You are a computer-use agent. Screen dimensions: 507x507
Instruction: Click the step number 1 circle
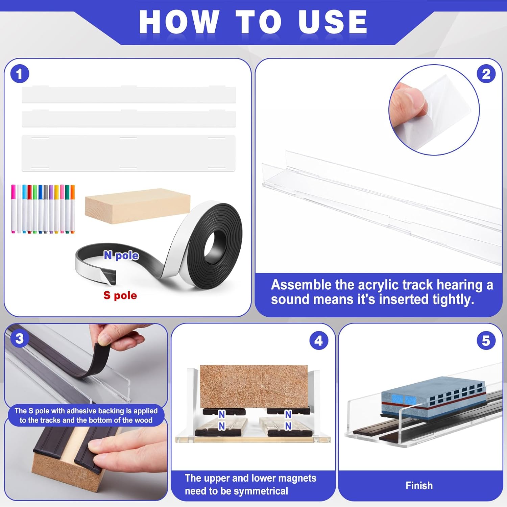pyautogui.click(x=20, y=74)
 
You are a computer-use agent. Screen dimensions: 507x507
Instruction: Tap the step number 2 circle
pyautogui.click(x=486, y=74)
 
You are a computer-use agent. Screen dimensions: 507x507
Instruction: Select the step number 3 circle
pyautogui.click(x=20, y=338)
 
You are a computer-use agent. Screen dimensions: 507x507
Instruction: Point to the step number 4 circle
pyautogui.click(x=318, y=341)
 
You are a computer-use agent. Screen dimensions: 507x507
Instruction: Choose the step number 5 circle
pyautogui.click(x=486, y=341)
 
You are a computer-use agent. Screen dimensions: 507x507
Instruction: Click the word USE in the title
pyautogui.click(x=333, y=22)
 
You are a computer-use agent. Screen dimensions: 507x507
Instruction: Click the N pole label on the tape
pyautogui.click(x=121, y=255)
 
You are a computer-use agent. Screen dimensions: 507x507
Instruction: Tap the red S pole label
pyautogui.click(x=120, y=295)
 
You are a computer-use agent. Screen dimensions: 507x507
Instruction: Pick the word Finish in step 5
pyautogui.click(x=419, y=486)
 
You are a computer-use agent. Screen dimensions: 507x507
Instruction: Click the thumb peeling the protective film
pyautogui.click(x=407, y=101)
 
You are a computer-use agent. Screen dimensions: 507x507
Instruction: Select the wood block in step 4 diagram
pyautogui.click(x=254, y=386)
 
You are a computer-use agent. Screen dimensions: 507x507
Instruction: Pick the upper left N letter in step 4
pyautogui.click(x=222, y=414)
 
